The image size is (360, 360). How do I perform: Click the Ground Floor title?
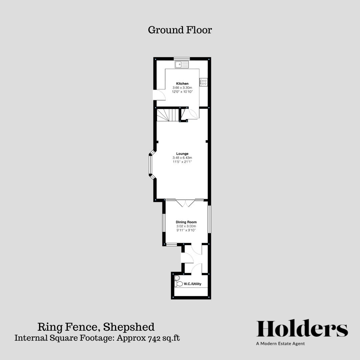(180, 30)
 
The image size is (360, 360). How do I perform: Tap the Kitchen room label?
(182, 83)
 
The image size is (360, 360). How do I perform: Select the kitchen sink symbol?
(182, 64)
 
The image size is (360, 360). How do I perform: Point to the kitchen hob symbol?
(203, 82)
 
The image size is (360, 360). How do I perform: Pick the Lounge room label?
(182, 154)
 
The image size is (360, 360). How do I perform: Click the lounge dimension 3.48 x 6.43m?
(182, 158)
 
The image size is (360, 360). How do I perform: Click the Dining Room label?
(186, 222)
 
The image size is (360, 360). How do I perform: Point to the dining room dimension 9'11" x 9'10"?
(186, 230)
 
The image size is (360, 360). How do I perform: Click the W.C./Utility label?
(192, 284)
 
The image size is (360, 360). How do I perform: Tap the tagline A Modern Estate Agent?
(280, 343)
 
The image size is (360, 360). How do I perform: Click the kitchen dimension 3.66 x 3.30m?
(182, 87)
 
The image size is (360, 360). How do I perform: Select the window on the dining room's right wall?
(209, 219)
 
